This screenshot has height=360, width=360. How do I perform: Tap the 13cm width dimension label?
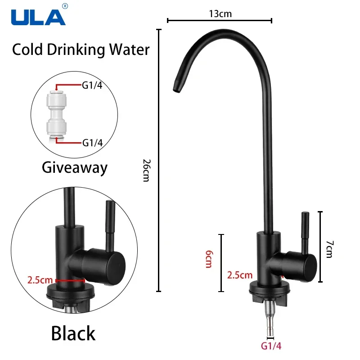[x=220, y=13]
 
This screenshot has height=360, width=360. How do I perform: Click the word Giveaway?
[x=75, y=167]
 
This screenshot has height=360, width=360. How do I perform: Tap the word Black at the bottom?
[x=73, y=333]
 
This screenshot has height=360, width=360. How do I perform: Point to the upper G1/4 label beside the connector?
[x=92, y=85]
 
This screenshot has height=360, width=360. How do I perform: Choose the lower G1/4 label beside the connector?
[x=92, y=143]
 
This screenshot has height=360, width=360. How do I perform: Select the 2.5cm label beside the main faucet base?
[x=239, y=274]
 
